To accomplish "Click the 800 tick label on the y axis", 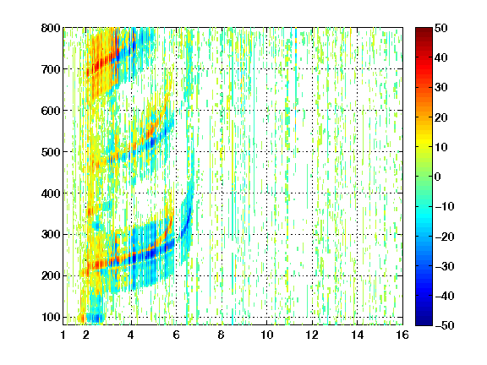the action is tap(51, 28).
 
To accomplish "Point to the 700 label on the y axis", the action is tap(51, 69).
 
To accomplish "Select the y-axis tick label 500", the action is tap(51, 152).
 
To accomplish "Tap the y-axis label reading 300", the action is tap(51, 234).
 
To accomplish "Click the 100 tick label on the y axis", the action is tap(51, 317).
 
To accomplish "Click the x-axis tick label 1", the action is tap(63, 335).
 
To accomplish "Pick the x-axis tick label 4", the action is tap(131, 335).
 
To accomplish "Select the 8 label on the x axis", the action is tap(221, 335).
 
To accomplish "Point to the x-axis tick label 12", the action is tap(312, 335).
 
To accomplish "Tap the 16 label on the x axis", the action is tap(402, 335).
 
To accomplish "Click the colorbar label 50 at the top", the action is tap(440, 28).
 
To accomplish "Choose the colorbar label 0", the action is tap(437, 177).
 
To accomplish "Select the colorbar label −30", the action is tap(445, 266).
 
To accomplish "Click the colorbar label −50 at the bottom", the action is tap(445, 325).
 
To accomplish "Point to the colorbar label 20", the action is tap(440, 117).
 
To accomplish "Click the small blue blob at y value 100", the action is tap(95, 318).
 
